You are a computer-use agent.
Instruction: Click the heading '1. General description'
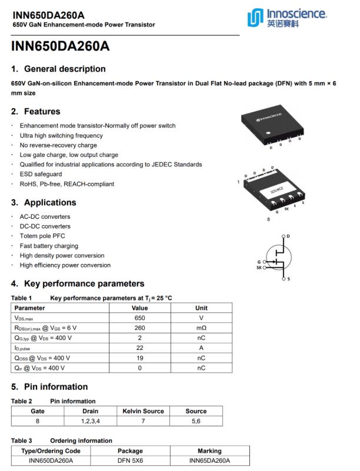click(58, 69)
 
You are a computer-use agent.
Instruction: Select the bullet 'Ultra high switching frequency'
click(61, 136)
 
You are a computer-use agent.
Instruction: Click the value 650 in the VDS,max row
click(139, 318)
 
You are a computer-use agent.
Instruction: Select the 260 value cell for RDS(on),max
click(139, 328)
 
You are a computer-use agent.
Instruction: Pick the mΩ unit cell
click(201, 328)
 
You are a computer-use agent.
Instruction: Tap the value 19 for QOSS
click(139, 358)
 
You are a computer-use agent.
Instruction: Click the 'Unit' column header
click(201, 308)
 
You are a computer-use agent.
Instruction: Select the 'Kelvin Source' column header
click(143, 411)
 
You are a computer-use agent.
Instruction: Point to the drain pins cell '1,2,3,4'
click(90, 421)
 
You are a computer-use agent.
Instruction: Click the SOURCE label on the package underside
click(277, 191)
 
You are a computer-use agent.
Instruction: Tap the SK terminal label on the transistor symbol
click(259, 268)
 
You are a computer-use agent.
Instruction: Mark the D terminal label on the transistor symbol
click(288, 236)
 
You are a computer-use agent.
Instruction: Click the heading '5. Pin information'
click(50, 387)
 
